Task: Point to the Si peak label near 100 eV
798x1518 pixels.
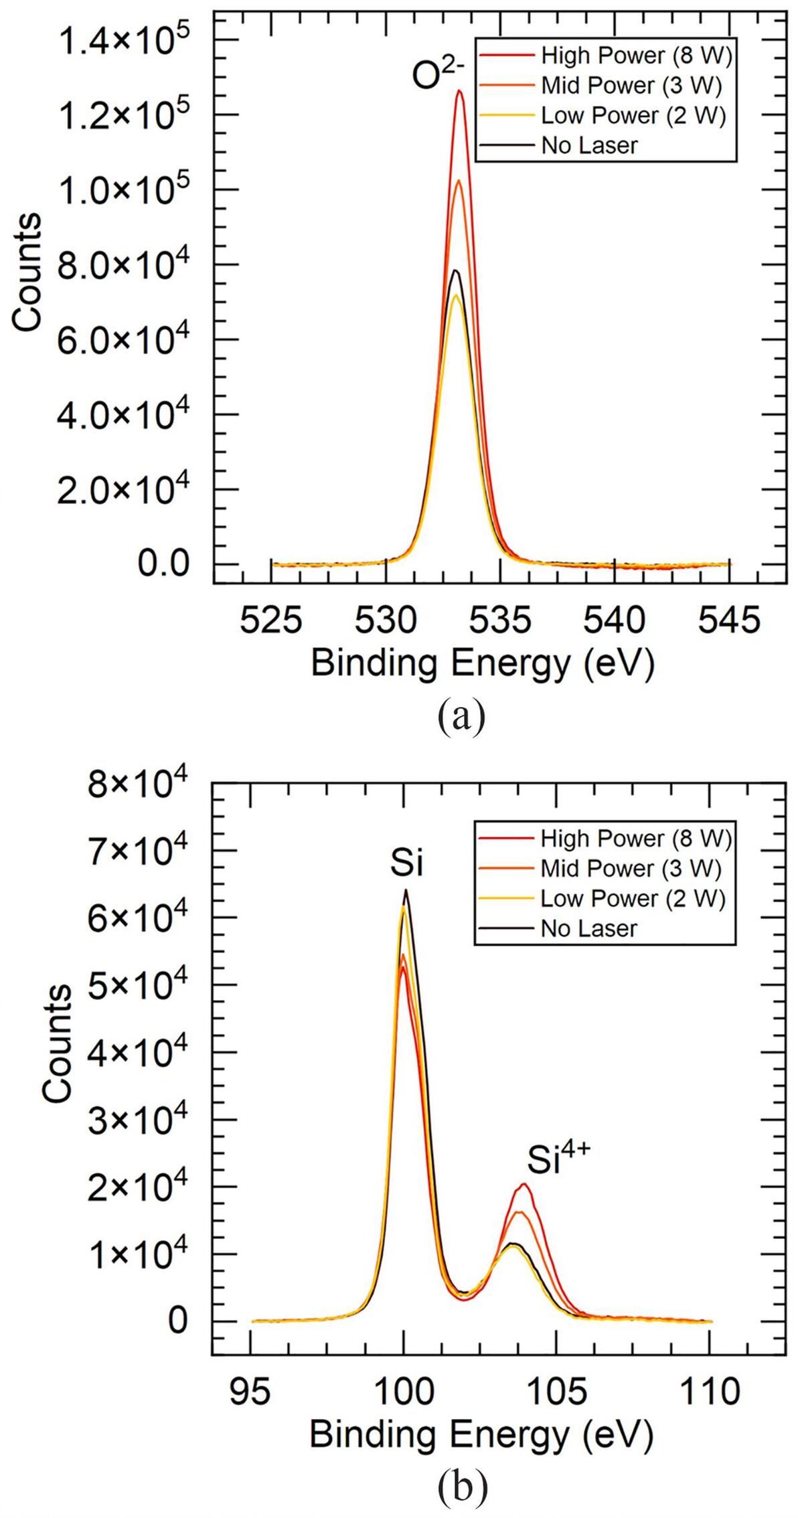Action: pos(407,864)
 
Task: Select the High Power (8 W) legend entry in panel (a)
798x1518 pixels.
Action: pos(636,55)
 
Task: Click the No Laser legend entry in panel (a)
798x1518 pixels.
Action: pos(589,145)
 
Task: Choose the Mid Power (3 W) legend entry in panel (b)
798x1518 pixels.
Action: pos(631,868)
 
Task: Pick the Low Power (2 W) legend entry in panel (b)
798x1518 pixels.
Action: pos(633,898)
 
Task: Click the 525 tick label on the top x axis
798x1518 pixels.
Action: pos(271,620)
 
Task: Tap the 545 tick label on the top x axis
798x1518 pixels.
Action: pos(729,620)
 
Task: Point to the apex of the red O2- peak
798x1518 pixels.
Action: pos(459,91)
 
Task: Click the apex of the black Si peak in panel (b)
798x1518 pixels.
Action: pos(406,890)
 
